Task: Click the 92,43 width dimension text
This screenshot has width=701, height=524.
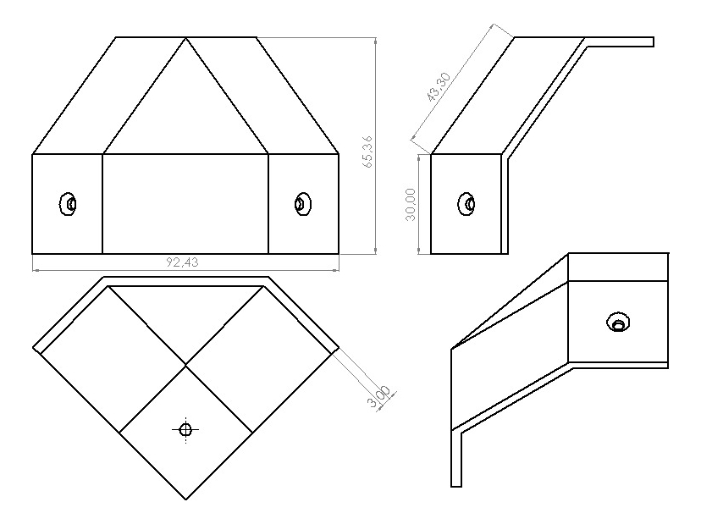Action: click(182, 262)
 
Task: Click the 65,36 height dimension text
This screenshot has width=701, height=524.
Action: click(368, 152)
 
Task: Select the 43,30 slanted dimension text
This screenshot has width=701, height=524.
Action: click(439, 86)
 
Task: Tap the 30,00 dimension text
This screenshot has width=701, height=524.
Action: click(410, 204)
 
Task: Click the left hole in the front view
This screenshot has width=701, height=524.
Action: click(68, 204)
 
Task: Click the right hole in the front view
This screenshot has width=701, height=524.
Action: click(302, 204)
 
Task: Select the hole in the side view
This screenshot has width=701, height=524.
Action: click(466, 204)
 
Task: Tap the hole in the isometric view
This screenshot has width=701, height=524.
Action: click(618, 322)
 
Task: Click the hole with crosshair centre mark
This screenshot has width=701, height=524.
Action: click(185, 430)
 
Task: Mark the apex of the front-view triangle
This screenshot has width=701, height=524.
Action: click(186, 38)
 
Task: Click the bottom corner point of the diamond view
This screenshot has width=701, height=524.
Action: click(185, 499)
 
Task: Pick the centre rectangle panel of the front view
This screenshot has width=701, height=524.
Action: click(185, 204)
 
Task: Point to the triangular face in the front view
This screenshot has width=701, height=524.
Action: click(185, 112)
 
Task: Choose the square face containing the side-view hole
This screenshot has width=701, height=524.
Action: click(466, 204)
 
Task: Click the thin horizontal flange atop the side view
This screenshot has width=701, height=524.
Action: click(620, 41)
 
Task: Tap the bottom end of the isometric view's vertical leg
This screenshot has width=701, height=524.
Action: click(456, 486)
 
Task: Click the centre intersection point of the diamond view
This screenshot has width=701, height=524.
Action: click(185, 366)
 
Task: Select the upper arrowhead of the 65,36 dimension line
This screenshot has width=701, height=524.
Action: click(375, 41)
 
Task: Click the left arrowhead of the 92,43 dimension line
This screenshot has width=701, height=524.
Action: click(36, 270)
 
